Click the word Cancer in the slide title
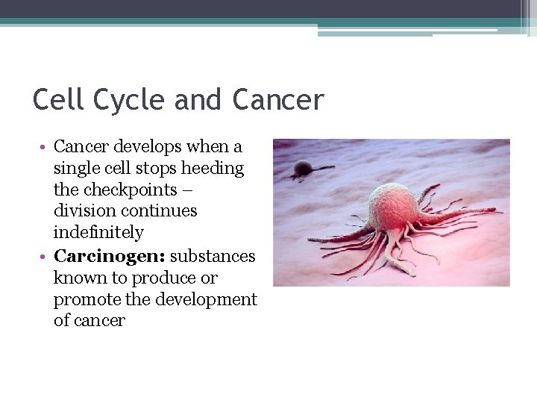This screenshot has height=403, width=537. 278,99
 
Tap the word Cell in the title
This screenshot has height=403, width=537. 57,99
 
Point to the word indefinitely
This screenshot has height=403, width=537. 98,233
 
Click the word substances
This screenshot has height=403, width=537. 213,256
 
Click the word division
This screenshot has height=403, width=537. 80,211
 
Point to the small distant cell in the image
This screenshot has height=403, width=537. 303,169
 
